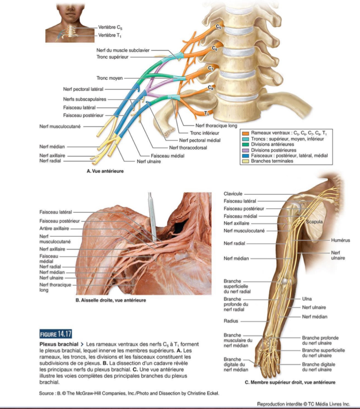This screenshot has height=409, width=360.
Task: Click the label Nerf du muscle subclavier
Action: pos(123,50)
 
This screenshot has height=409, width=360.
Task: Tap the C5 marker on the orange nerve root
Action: pos(218,26)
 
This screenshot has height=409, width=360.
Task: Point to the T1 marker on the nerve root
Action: pos(206,114)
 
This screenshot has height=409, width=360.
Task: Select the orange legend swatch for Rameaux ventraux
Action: pos(245,133)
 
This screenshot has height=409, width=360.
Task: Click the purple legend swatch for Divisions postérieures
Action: pos(245,150)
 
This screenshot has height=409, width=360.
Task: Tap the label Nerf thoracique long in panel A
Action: pos(216,126)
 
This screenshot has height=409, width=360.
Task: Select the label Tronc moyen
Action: pos(110,78)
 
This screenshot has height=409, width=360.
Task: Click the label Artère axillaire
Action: pos(54,229)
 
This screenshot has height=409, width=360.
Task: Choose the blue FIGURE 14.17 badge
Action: pos(56,334)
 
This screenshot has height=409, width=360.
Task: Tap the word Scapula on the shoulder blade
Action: pos(314,222)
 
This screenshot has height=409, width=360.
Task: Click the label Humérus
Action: pos(340,240)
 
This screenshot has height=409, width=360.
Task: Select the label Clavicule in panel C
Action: pos(233,194)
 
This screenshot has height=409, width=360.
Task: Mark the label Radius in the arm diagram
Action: pos(231,321)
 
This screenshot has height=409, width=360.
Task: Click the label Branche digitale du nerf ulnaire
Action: pos(318,367)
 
